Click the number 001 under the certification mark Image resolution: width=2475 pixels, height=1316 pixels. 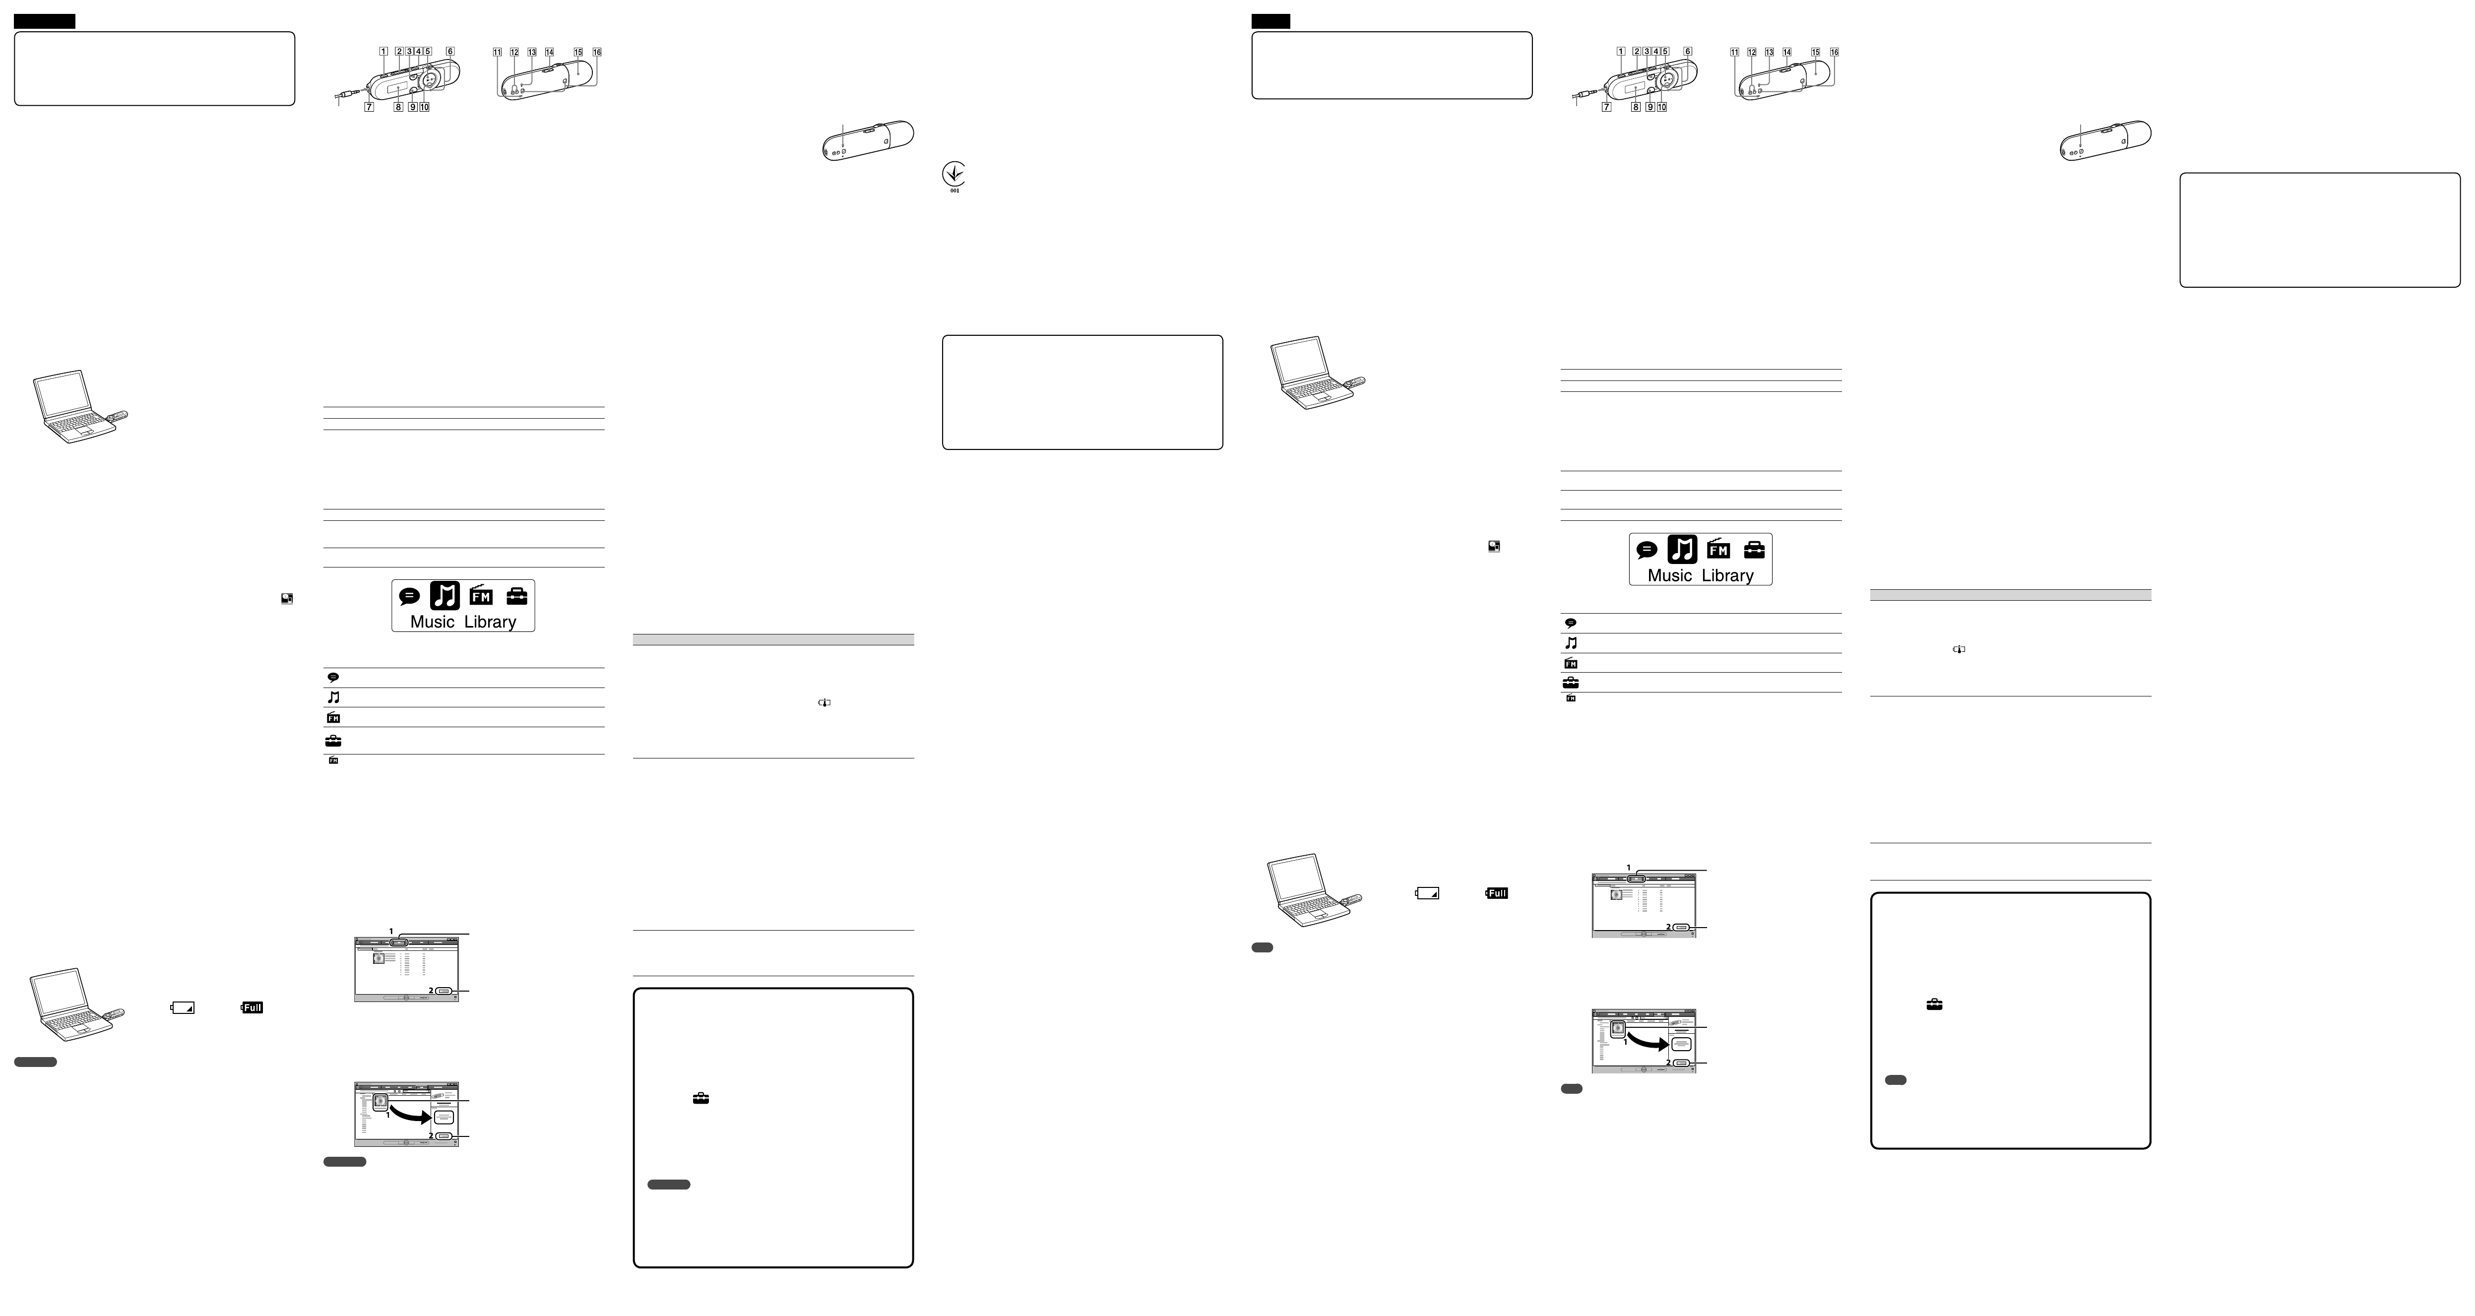954,190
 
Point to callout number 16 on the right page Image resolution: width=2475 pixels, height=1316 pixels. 1834,52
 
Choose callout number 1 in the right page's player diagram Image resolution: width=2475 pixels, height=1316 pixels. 1621,52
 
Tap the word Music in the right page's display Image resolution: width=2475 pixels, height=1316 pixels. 1669,575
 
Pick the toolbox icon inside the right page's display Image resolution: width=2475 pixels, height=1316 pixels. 1754,550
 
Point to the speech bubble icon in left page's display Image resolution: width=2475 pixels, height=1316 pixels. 409,596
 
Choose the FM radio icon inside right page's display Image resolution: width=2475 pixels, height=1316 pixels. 1718,550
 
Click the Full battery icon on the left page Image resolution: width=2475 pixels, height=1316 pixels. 252,1007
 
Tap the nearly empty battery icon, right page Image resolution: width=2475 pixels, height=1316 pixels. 1428,893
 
